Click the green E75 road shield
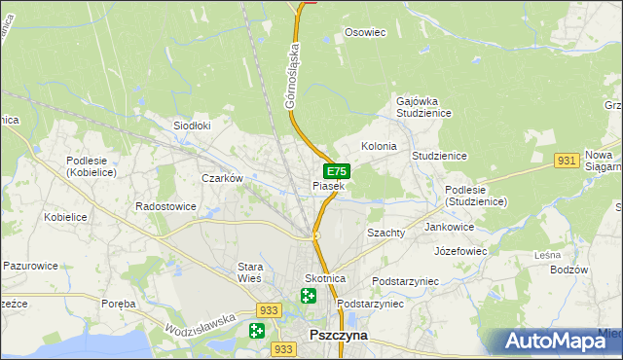click(337, 171)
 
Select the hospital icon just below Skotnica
click(309, 296)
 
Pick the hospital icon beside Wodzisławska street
click(256, 331)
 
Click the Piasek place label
click(328, 186)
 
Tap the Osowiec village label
click(366, 32)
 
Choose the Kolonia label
click(379, 146)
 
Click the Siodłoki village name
click(192, 126)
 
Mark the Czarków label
click(221, 179)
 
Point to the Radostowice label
click(165, 207)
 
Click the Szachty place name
click(385, 234)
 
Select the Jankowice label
click(450, 227)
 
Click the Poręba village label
click(119, 304)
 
